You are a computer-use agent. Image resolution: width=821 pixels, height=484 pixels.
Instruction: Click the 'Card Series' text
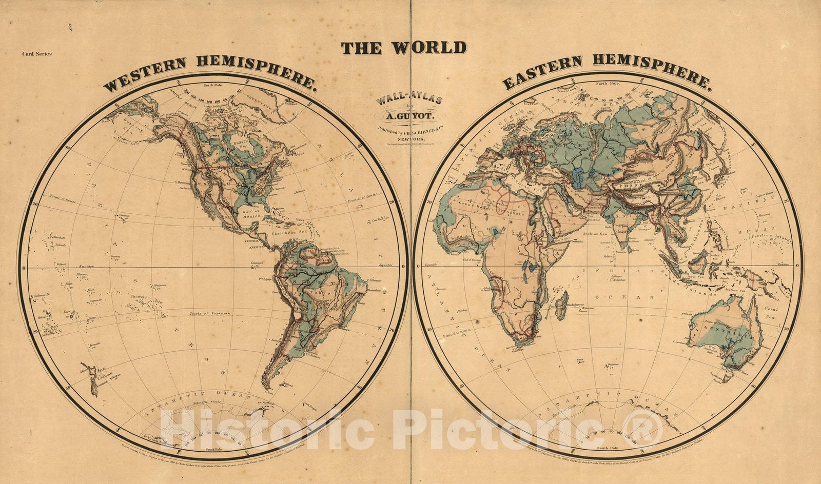point(36,53)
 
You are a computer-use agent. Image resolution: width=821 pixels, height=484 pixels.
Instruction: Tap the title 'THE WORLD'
point(404,48)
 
